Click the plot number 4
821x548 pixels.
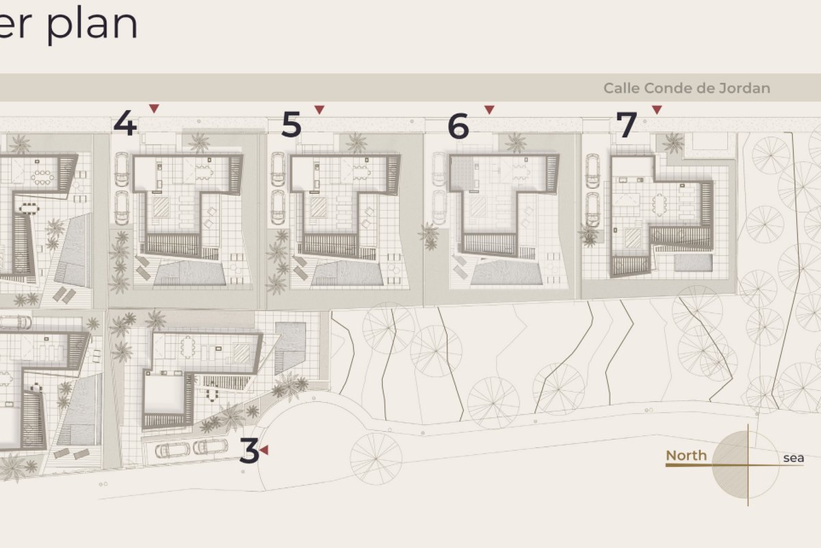tap(125, 123)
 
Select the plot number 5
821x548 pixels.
tap(291, 125)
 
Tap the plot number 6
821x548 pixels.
tap(458, 126)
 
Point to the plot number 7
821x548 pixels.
tap(627, 125)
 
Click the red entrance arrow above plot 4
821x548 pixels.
tap(154, 108)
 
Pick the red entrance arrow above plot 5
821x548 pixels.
tap(320, 110)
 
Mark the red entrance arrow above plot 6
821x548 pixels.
tap(489, 110)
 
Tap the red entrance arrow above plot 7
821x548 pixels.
tap(657, 110)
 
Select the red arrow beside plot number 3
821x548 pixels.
tap(264, 450)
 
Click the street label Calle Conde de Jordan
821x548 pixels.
tap(687, 88)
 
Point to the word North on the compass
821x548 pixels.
tap(686, 456)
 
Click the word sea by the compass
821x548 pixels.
tap(794, 458)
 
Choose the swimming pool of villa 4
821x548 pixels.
tap(190, 273)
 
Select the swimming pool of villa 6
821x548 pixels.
tap(506, 272)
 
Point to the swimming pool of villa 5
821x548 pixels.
tap(347, 273)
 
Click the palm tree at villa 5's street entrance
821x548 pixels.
tap(356, 142)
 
